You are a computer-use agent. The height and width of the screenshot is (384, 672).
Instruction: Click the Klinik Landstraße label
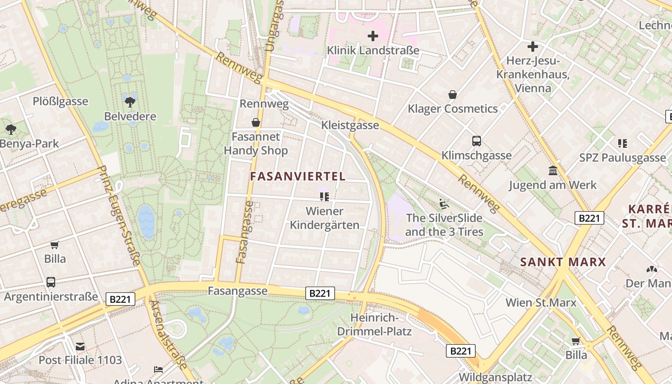pos(372,50)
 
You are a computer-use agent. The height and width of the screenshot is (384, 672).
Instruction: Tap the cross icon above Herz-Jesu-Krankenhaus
pos(532,47)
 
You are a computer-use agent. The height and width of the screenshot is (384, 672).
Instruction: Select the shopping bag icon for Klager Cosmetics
pos(452,95)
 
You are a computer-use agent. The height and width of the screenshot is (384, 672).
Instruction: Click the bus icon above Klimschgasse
pos(476,141)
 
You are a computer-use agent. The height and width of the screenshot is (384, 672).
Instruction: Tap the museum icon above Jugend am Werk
pos(552,170)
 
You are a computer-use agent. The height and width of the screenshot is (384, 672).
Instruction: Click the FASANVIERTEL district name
pos(298,176)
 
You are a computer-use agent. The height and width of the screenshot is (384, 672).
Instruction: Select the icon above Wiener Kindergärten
pos(324,197)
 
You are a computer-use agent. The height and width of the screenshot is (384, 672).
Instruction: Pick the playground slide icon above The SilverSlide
pos(444,204)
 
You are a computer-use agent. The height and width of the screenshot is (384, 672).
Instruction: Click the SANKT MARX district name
pos(563,262)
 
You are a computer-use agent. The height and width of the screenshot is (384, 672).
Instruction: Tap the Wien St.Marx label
pos(541,302)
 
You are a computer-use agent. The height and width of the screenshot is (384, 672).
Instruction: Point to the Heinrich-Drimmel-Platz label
pos(374,324)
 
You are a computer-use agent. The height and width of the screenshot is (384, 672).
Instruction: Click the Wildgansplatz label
pos(495,377)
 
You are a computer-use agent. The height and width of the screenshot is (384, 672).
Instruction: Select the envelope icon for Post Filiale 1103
pos(80,346)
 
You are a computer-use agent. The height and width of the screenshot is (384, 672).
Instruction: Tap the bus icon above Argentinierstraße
pos(51,282)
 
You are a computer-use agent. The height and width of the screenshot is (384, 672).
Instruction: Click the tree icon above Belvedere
pos(130,102)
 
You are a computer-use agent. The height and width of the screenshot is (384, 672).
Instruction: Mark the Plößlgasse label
pos(60,101)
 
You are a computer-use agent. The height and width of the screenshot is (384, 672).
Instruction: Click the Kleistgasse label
pos(350,125)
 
